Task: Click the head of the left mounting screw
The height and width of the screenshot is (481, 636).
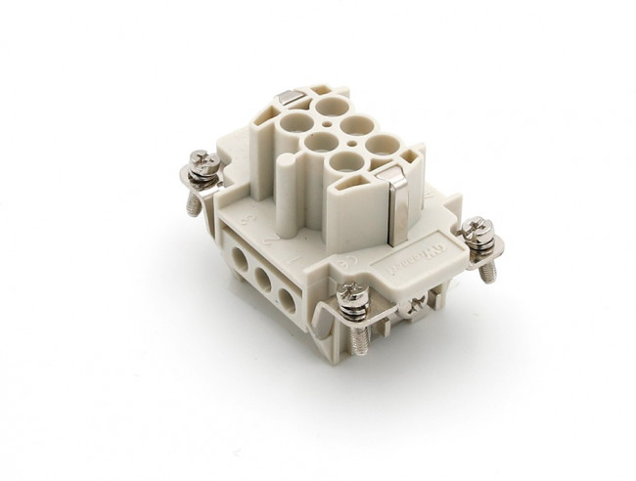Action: click(203, 160)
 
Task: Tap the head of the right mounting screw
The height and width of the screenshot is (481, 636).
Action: click(479, 230)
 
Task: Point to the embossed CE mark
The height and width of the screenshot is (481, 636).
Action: click(346, 263)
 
